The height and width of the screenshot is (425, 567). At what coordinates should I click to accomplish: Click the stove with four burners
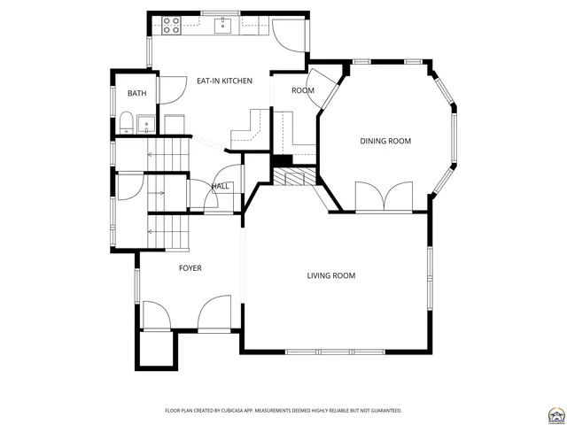(172, 26)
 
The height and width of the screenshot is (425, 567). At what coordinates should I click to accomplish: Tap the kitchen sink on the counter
(224, 26)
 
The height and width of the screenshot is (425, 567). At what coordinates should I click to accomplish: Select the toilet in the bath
(126, 122)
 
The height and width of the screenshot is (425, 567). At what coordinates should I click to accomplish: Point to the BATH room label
(136, 94)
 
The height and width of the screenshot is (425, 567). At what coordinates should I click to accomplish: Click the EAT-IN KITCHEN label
(224, 81)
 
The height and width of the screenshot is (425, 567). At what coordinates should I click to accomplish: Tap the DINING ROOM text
(384, 141)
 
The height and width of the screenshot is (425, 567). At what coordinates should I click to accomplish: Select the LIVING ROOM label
(330, 275)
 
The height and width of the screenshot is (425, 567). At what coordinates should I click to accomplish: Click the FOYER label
(190, 267)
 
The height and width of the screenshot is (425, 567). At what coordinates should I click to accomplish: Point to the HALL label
(220, 186)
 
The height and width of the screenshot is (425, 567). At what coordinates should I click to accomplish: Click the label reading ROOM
(303, 90)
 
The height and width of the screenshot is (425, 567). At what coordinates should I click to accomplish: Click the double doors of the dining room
(384, 196)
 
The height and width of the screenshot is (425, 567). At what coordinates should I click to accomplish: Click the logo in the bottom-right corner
(555, 413)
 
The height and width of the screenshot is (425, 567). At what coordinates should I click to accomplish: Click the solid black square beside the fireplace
(282, 160)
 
